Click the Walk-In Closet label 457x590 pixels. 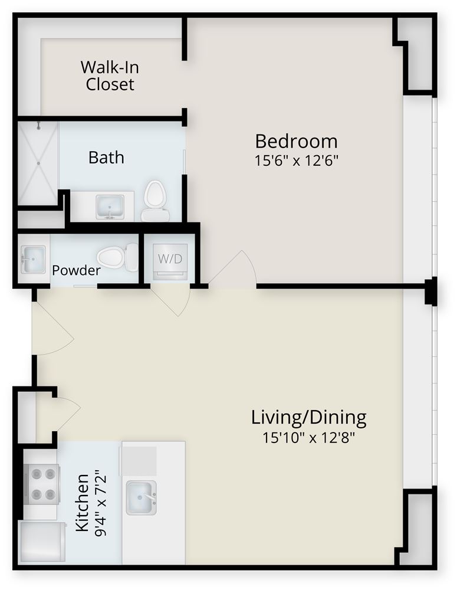coord(110,76)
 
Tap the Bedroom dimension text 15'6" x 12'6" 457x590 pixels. coord(297,160)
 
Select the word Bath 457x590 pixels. coord(107,158)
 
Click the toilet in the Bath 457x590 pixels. coord(155,201)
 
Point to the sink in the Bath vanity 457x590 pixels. coord(110,206)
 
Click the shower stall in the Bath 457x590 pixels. coord(38,163)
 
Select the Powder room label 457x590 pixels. coord(76,270)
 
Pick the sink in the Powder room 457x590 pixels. coord(34,259)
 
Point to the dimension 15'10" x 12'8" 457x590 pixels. coord(309,438)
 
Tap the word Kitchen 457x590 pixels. coord(83,502)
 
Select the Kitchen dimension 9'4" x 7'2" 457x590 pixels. coord(101,502)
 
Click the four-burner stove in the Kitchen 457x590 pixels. coord(42,484)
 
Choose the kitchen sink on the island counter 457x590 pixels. coord(141,497)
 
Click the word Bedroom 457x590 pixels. coord(297,142)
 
